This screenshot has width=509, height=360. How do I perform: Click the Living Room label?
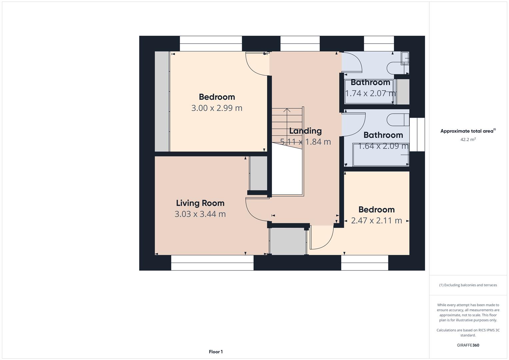pyautogui.click(x=200, y=203)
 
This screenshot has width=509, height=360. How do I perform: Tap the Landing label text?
pyautogui.click(x=305, y=131)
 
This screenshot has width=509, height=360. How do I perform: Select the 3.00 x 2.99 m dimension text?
pyautogui.click(x=217, y=108)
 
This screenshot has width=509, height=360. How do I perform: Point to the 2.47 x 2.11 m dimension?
pyautogui.click(x=377, y=220)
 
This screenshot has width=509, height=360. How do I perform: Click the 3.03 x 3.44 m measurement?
pyautogui.click(x=200, y=214)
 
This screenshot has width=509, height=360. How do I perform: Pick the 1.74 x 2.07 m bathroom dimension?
pyautogui.click(x=370, y=93)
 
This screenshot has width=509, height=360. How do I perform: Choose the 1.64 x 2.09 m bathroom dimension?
pyautogui.click(x=383, y=146)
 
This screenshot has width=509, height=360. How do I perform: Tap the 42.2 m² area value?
pyautogui.click(x=468, y=139)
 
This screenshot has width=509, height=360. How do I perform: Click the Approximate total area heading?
pyautogui.click(x=468, y=131)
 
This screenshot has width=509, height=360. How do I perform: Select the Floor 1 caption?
pyautogui.click(x=216, y=352)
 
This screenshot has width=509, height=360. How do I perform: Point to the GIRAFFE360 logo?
pyautogui.click(x=468, y=345)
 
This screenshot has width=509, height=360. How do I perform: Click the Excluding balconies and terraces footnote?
pyautogui.click(x=468, y=285)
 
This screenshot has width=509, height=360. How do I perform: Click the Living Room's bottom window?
pyautogui.click(x=212, y=263)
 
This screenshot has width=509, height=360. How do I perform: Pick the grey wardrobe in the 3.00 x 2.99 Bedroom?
pyautogui.click(x=162, y=101)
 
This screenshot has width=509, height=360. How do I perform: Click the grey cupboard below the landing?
pyautogui.click(x=288, y=241)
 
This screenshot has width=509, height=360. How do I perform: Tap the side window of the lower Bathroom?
pyautogui.click(x=417, y=135)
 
